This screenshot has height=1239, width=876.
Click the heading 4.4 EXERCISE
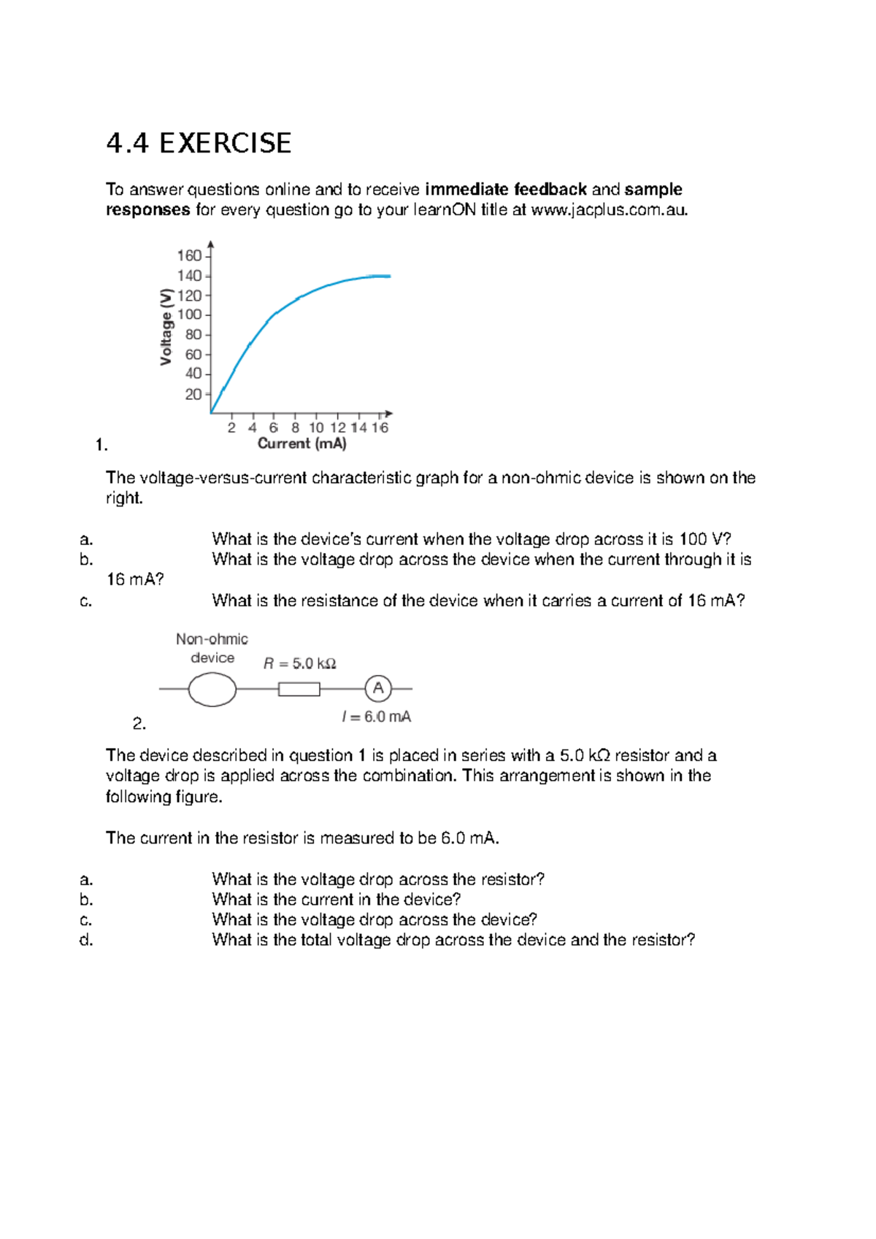pos(199,143)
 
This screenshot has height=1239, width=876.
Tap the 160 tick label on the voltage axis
pos(189,256)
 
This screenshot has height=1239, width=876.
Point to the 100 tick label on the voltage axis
pos(189,315)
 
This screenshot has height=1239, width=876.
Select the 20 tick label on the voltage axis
pos(193,394)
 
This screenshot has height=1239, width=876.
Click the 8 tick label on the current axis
pos(295,428)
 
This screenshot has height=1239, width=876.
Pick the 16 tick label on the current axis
pos(380,428)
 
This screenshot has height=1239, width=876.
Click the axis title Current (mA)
pos(301,444)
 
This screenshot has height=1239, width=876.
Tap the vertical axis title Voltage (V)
pos(166,327)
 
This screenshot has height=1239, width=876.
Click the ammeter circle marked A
pos(378,688)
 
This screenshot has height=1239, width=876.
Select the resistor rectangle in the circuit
pos(299,689)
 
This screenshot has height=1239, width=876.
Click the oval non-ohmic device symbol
pos(212,690)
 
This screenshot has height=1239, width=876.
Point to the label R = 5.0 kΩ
pos(299,663)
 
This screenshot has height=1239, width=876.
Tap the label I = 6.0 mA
pos(376,717)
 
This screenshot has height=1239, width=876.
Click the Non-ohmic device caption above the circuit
pos(212,648)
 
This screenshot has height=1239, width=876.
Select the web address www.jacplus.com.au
pos(609,210)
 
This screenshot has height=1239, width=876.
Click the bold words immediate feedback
pos(506,190)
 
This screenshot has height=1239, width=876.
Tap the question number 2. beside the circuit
pos(139,724)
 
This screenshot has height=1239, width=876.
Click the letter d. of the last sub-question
pos(86,940)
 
